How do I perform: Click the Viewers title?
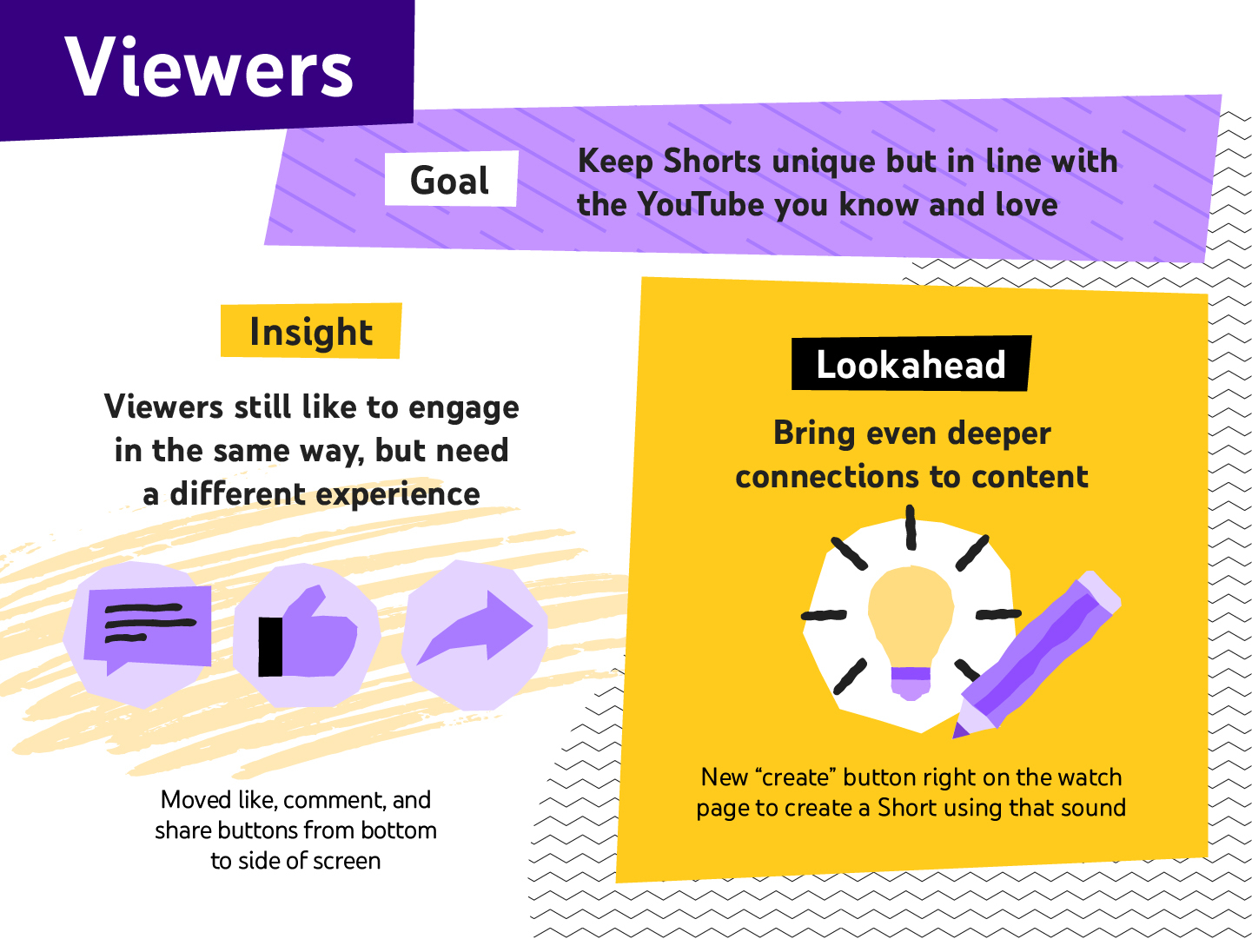(209, 68)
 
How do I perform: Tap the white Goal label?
(450, 180)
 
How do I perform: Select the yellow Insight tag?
(311, 331)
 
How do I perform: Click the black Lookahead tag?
(911, 364)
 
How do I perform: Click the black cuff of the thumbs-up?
(271, 646)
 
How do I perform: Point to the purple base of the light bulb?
(911, 681)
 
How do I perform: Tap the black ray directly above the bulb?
(911, 527)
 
